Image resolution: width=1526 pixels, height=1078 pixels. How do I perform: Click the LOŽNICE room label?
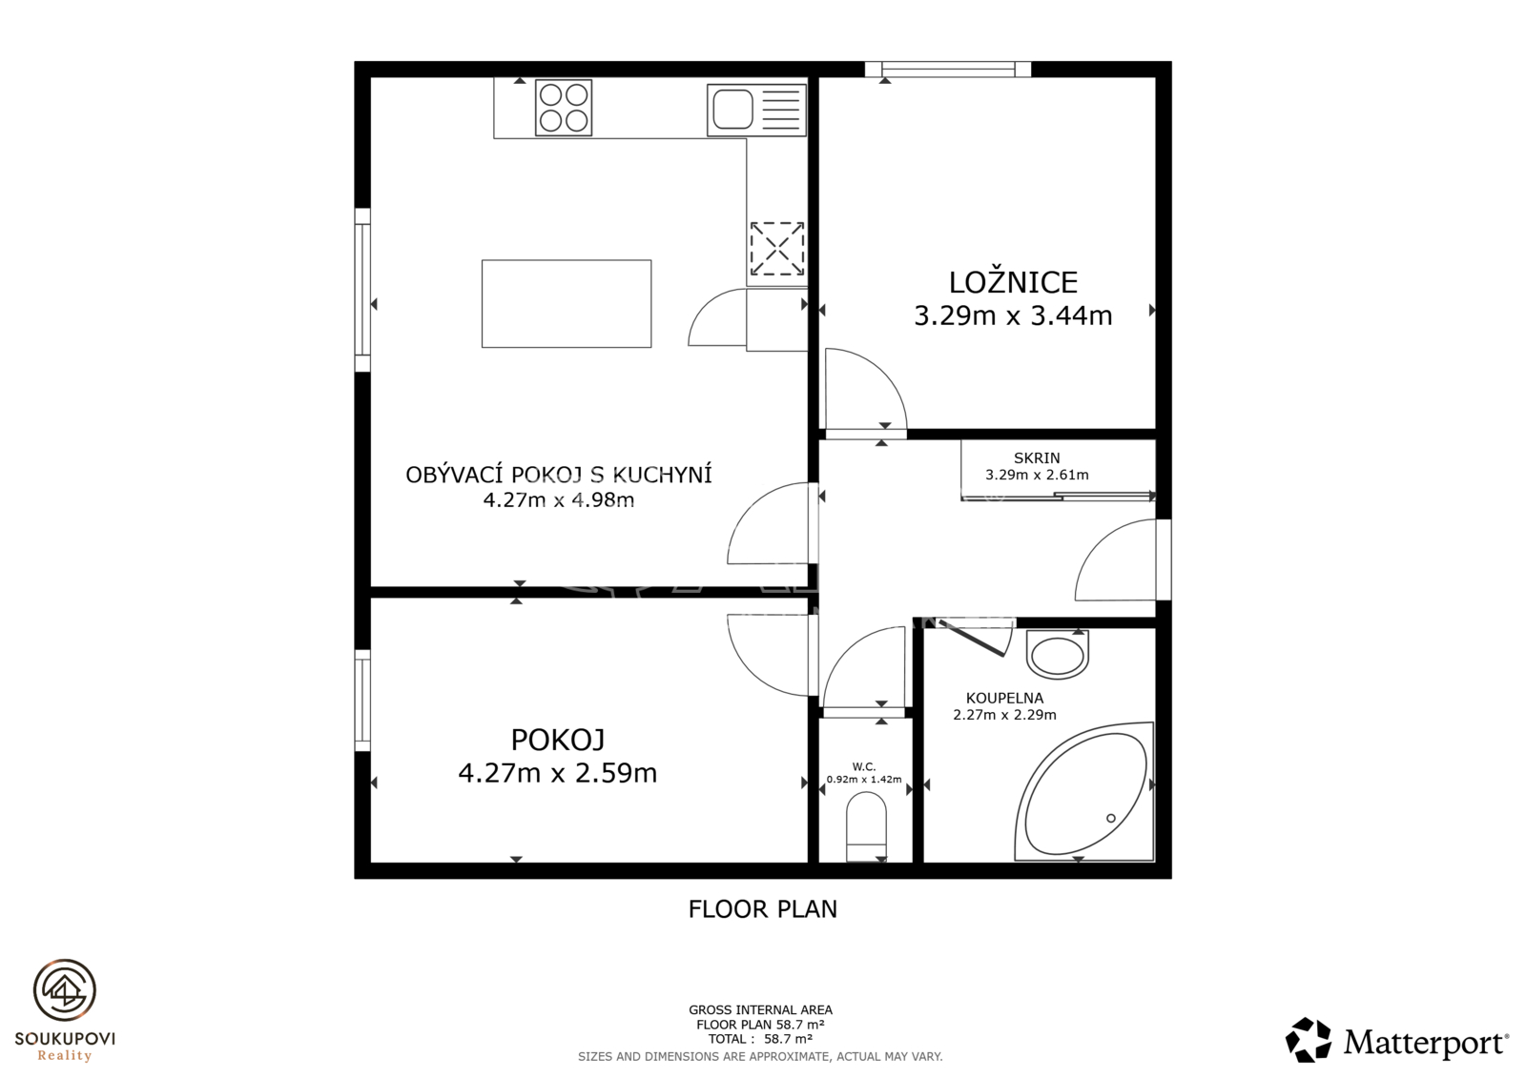point(1013,282)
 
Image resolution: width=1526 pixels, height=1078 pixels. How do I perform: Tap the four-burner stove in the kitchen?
point(564,108)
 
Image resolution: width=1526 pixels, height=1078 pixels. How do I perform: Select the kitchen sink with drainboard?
point(756,110)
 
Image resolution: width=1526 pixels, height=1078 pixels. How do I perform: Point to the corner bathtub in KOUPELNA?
point(1083,791)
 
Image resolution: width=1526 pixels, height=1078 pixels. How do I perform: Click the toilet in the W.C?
point(866,826)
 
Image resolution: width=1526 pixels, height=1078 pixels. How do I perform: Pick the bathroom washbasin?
point(1058,655)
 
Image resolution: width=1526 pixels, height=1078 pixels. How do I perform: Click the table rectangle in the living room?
point(567,304)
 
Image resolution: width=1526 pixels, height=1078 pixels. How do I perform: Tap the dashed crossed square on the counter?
point(776,249)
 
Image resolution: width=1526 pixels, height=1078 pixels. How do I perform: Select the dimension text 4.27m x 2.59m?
point(557,774)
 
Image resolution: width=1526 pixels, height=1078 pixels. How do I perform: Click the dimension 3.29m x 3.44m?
point(1013,316)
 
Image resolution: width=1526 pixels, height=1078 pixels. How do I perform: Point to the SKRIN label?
point(1037,458)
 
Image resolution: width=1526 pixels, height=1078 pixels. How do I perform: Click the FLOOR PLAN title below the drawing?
point(762,909)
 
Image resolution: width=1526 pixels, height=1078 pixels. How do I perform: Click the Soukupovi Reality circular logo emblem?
point(65,991)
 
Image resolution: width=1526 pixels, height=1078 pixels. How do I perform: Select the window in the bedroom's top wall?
point(948,69)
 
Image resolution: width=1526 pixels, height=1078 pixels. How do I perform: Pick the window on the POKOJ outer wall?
point(362,700)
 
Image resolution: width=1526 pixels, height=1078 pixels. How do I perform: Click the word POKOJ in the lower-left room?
point(557,740)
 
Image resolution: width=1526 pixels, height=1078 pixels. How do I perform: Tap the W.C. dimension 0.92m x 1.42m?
point(864,780)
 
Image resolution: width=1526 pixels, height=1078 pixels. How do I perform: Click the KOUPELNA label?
point(1004,698)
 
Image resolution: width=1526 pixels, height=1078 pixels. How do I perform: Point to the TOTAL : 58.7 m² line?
point(760,1039)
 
